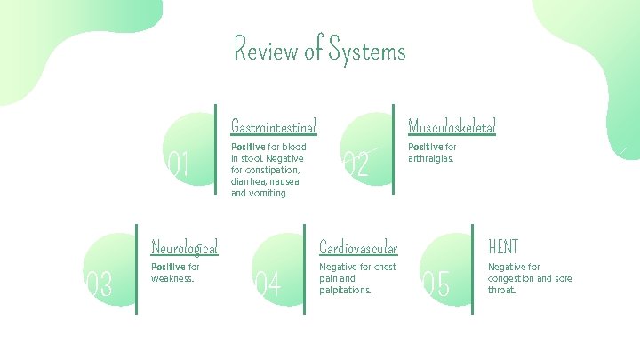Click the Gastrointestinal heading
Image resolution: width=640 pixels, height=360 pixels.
coord(274,126)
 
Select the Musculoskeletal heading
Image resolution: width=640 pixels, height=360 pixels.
coord(452,126)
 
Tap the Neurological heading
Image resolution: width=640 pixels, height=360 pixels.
coord(185,246)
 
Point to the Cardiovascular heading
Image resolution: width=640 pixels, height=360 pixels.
coord(358,246)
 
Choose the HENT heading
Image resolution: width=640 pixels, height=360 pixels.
coord(503,246)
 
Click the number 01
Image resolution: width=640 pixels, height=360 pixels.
coord(179,164)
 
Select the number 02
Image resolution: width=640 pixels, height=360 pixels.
coord(356,164)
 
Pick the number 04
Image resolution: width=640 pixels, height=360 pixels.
coord(268,284)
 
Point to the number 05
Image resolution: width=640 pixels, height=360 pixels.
coord(436,284)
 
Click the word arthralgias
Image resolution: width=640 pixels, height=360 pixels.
coord(430,159)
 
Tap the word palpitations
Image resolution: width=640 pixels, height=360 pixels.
coord(345,290)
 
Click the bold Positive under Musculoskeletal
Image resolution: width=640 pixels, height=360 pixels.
coord(425,148)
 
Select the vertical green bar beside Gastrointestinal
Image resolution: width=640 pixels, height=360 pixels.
coord(216,148)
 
